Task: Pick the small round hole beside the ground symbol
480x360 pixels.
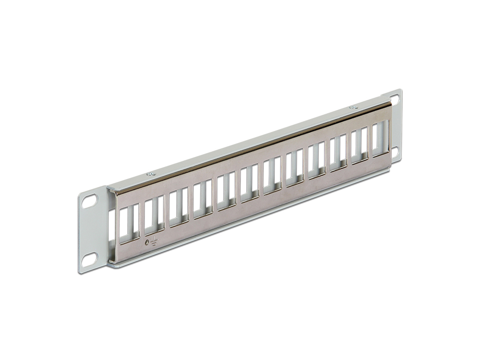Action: [147, 242]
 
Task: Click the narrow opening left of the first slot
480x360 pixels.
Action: [112, 226]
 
